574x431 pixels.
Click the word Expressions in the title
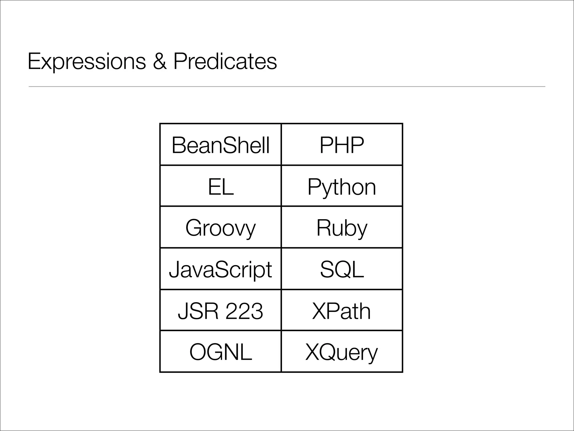(87, 61)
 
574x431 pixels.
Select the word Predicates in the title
(225, 61)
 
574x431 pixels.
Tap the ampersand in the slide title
(160, 61)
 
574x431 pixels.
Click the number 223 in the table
(244, 311)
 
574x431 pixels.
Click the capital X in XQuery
(313, 352)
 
